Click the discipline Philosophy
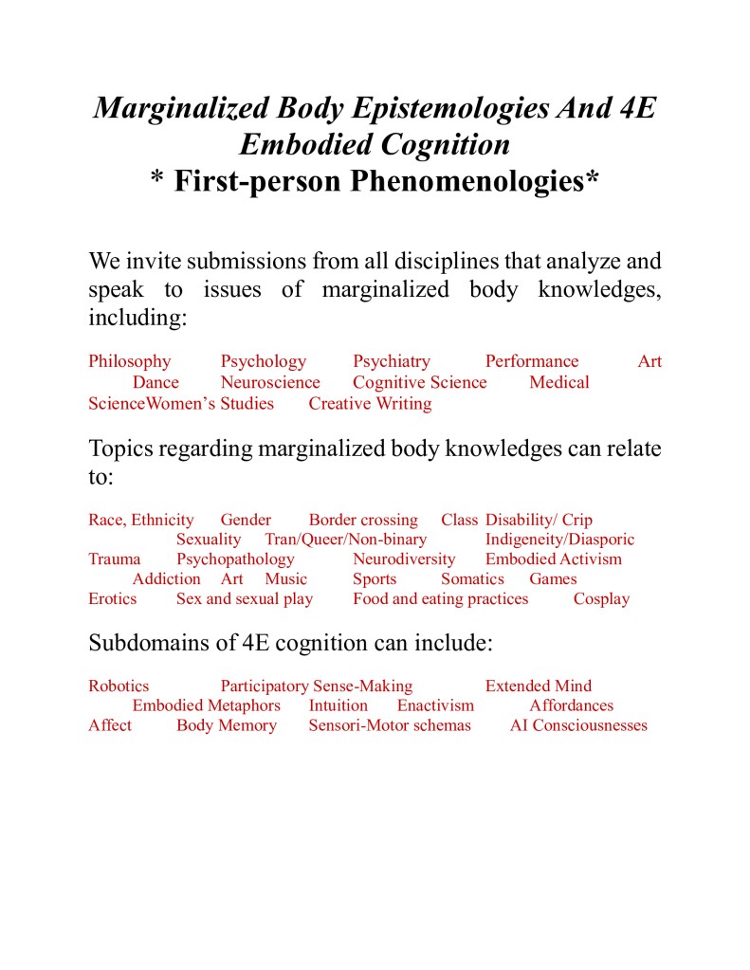[130, 361]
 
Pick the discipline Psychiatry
[392, 361]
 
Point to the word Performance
[532, 361]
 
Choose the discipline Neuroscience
[270, 382]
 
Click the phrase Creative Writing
[370, 403]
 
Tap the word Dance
[155, 382]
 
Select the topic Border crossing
[363, 520]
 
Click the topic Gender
[246, 520]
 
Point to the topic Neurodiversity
[404, 558]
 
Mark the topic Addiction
[167, 578]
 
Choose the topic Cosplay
[601, 598]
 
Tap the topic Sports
[375, 578]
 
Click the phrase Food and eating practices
[441, 598]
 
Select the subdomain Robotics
[119, 686]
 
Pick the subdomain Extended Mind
[539, 686]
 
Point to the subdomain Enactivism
[435, 705]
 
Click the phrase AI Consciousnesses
[578, 725]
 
